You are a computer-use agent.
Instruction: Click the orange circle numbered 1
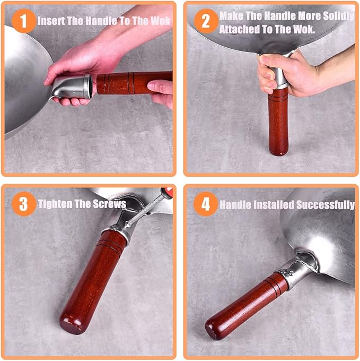tap(24, 21)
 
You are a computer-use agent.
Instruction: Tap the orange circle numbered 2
tap(206, 21)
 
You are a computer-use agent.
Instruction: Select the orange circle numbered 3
tap(24, 204)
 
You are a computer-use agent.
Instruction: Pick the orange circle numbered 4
tap(206, 204)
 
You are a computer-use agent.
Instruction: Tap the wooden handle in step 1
tap(135, 82)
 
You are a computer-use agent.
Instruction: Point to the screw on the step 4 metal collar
tap(292, 273)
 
